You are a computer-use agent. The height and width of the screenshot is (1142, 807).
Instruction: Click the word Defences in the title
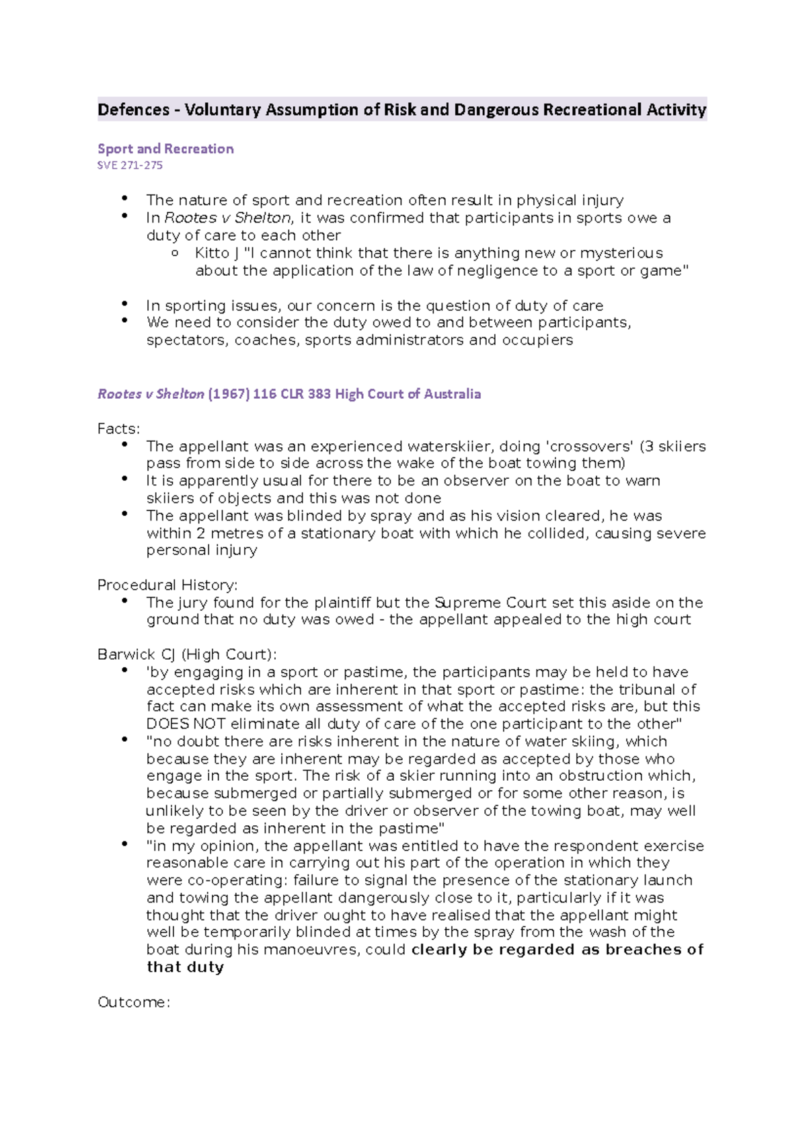[x=133, y=110]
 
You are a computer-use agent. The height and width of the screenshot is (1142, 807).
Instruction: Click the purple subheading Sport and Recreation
[x=165, y=149]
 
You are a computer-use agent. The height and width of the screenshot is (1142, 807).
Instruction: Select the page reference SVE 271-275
[x=130, y=165]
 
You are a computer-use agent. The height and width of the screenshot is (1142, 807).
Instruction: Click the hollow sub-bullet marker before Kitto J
[x=175, y=254]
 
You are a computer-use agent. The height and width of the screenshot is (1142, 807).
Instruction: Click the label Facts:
[x=118, y=429]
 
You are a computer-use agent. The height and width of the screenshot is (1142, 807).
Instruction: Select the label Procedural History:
[x=167, y=585]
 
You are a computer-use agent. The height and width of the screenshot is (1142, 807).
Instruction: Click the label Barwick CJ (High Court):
[x=187, y=655]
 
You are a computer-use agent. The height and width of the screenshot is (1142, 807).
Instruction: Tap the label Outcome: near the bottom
[x=134, y=1003]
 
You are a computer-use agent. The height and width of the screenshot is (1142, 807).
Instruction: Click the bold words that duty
[x=185, y=967]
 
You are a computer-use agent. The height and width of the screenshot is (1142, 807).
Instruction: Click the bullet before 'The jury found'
[x=124, y=601]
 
